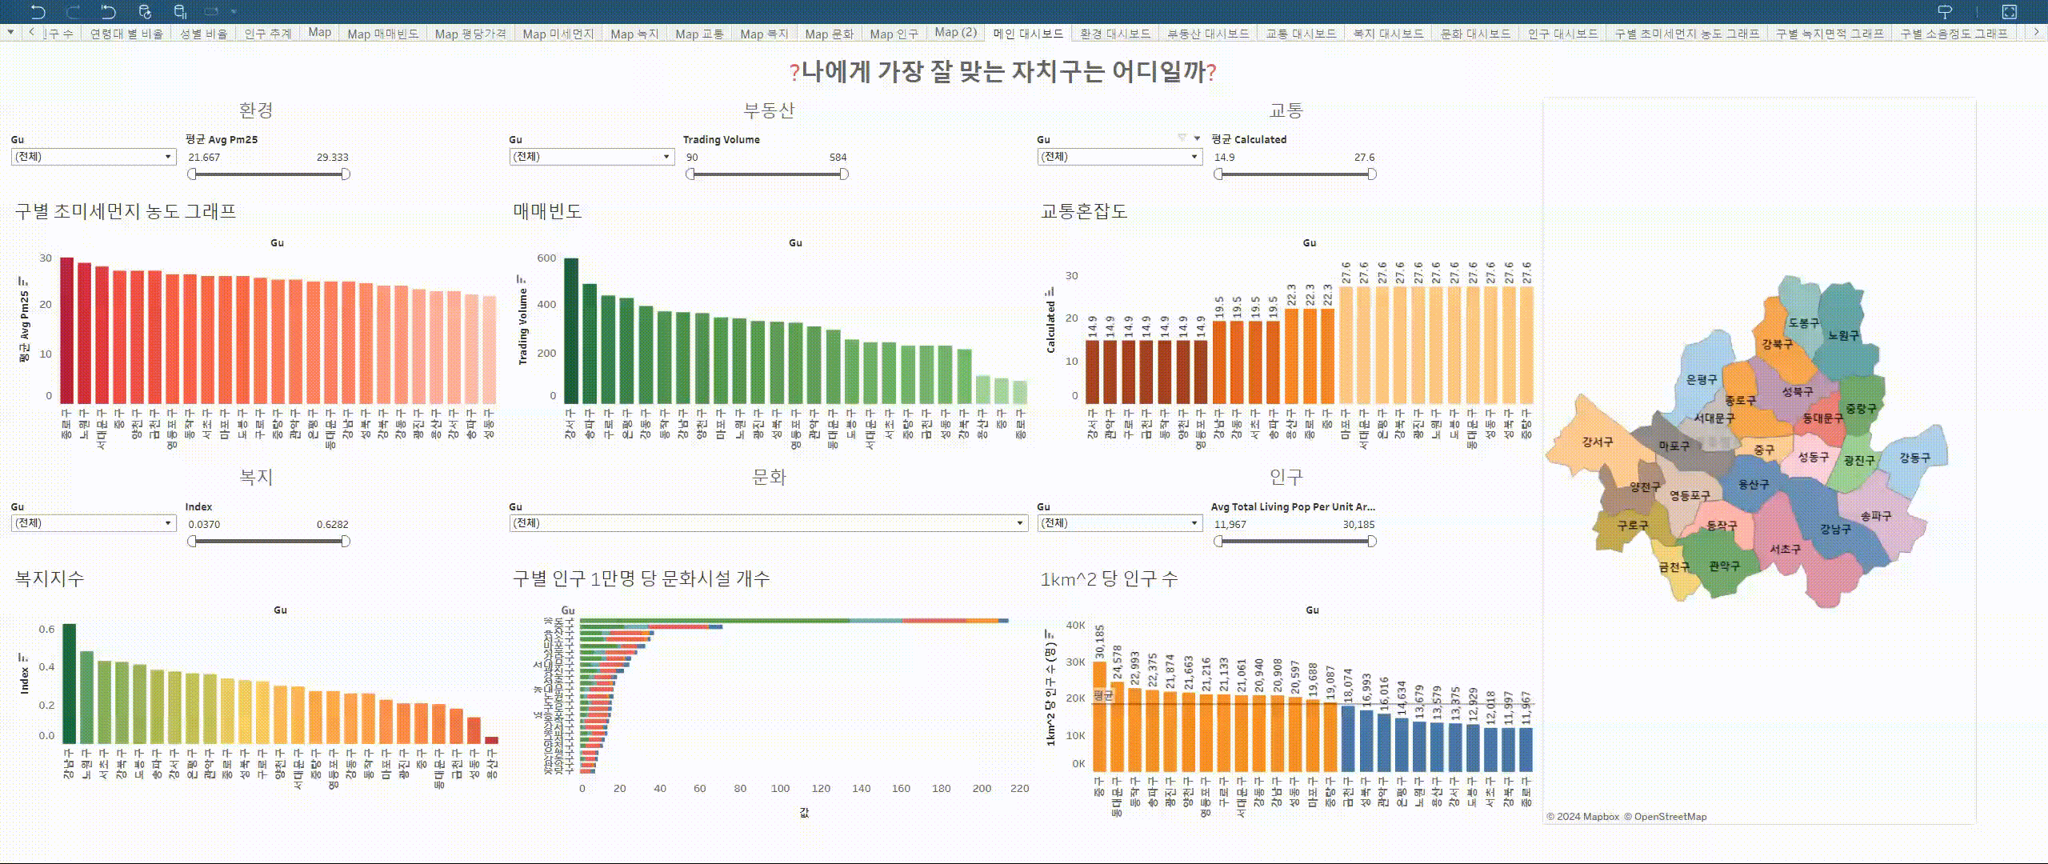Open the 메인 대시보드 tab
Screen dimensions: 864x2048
coord(1027,34)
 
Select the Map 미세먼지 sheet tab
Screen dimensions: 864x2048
coord(558,34)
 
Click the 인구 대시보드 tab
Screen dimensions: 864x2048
coord(1562,34)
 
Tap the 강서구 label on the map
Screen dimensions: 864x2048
coord(1597,442)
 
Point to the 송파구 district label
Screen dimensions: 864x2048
coord(1875,516)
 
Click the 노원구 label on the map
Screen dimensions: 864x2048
coord(1843,335)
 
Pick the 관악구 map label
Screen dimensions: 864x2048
coord(1724,566)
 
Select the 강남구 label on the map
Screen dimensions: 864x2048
coord(1835,529)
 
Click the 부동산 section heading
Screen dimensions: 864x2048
coord(769,110)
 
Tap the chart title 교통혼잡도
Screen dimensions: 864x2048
coord(1083,211)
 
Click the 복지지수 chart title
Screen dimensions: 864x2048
coord(49,578)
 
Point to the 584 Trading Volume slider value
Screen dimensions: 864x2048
coord(838,158)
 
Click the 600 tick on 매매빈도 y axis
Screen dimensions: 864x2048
coord(546,258)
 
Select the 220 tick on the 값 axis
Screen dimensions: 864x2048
coord(1019,788)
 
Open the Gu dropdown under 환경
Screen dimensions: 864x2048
coord(93,157)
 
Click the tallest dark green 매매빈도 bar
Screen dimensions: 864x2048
coord(570,330)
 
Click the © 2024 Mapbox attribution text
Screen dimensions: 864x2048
coord(1582,817)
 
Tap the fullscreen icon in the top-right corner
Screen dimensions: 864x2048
coord(2009,11)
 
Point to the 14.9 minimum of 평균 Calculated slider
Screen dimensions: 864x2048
coord(1224,158)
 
